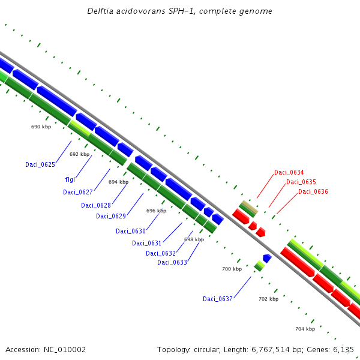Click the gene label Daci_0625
click(x=40, y=164)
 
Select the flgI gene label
click(x=70, y=179)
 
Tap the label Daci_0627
click(x=78, y=192)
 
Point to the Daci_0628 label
click(x=96, y=205)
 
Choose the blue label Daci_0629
click(x=111, y=216)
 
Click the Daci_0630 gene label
click(x=131, y=231)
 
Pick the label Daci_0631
click(x=147, y=243)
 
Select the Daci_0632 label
click(x=161, y=253)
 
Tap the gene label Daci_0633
click(x=172, y=262)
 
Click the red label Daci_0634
click(x=289, y=172)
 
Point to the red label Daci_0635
click(x=301, y=182)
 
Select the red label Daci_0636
click(x=313, y=191)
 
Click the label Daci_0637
click(x=218, y=299)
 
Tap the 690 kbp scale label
click(x=41, y=127)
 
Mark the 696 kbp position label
click(x=156, y=211)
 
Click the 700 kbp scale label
click(x=232, y=269)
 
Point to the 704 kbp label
click(x=305, y=329)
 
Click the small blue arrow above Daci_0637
click(x=267, y=258)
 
